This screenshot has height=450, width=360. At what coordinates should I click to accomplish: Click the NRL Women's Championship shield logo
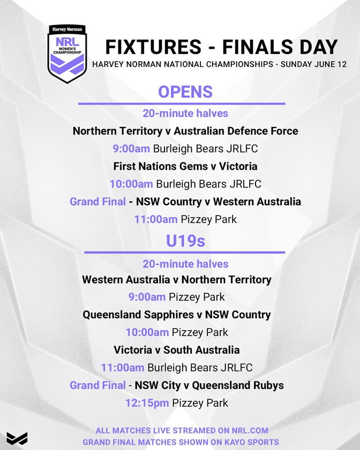coord(67,54)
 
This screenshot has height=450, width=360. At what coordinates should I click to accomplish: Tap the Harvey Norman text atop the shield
coord(67,29)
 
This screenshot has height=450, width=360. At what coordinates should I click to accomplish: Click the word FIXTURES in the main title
coord(153,47)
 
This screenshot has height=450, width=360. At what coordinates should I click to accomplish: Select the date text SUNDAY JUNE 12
coord(313,64)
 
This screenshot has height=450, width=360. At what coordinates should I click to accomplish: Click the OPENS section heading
coord(185,92)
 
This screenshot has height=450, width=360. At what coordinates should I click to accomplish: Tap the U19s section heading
coord(185,241)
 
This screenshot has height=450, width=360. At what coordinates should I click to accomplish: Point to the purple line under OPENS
coord(182,103)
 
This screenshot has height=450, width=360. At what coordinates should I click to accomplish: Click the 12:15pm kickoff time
coord(147,403)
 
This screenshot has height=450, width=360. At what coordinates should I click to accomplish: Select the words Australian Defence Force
coord(236,131)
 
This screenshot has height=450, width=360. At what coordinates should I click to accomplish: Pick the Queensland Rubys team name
coord(238,385)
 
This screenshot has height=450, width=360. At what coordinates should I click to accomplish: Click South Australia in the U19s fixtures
coord(201,350)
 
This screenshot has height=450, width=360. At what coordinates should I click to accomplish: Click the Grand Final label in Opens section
coord(97,201)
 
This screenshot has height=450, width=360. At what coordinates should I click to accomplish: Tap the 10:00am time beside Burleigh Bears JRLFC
coord(131,184)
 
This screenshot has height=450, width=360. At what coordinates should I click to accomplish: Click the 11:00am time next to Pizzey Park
coord(156,220)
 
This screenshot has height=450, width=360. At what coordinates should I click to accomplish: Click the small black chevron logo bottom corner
coord(17,439)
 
